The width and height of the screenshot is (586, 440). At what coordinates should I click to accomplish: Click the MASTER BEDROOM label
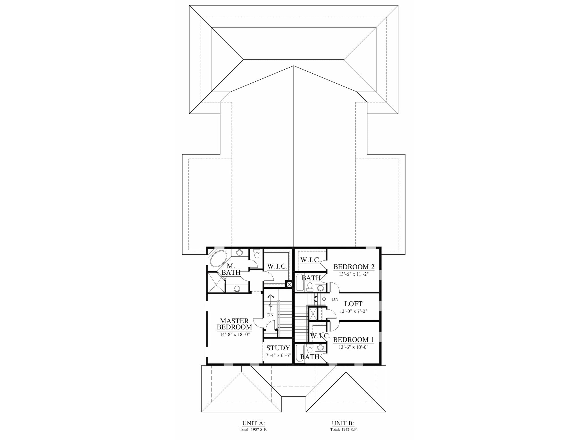pyautogui.click(x=234, y=324)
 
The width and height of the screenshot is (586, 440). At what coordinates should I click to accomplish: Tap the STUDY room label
pyautogui.click(x=278, y=348)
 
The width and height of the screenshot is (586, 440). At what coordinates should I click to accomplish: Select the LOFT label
pyautogui.click(x=353, y=304)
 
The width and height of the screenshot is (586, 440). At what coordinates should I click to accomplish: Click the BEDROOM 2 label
pyautogui.click(x=354, y=267)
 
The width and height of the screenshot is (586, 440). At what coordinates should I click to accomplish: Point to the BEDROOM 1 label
pyautogui.click(x=353, y=340)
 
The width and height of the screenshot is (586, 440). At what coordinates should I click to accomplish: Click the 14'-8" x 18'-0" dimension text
pyautogui.click(x=234, y=334)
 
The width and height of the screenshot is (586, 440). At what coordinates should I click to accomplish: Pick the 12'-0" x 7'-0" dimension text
pyautogui.click(x=353, y=311)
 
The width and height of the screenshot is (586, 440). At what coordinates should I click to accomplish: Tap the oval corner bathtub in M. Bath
pyautogui.click(x=219, y=259)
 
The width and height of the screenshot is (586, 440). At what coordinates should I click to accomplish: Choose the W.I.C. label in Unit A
pyautogui.click(x=277, y=266)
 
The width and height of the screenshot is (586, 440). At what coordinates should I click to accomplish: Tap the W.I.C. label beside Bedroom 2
pyautogui.click(x=310, y=260)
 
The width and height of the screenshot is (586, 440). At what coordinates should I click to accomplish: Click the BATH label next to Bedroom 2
pyautogui.click(x=311, y=278)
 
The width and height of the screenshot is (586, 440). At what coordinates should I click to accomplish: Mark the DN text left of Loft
pyautogui.click(x=335, y=299)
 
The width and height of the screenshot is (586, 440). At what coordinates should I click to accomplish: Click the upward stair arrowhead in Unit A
pyautogui.click(x=270, y=297)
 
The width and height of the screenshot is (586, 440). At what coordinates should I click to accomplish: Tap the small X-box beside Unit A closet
pyautogui.click(x=289, y=285)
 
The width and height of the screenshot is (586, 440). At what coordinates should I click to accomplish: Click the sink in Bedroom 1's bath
pyautogui.click(x=321, y=347)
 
